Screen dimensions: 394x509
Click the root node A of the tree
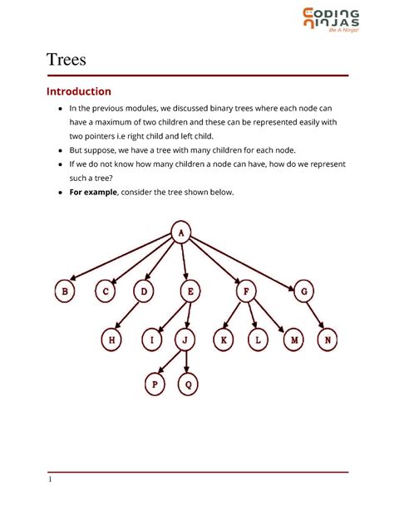(x=182, y=233)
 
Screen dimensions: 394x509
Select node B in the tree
(x=64, y=291)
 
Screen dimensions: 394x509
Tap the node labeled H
(x=111, y=339)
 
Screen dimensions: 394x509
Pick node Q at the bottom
(x=189, y=384)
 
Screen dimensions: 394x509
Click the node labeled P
(x=155, y=384)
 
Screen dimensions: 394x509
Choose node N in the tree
(x=329, y=339)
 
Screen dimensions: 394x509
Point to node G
(x=304, y=291)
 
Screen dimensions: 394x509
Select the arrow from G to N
(x=317, y=316)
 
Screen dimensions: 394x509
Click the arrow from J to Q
(x=187, y=361)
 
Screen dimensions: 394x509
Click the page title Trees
(x=66, y=59)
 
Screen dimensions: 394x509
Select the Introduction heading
(x=78, y=91)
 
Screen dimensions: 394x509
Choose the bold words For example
(x=93, y=192)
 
